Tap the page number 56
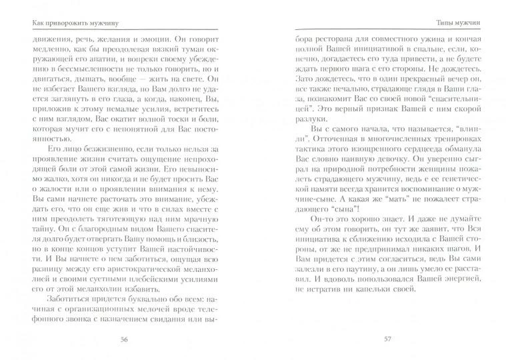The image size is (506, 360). click(x=123, y=339)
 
